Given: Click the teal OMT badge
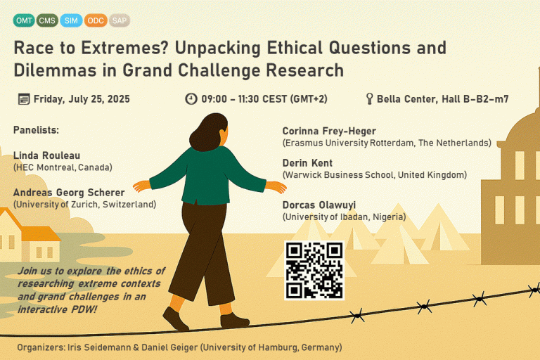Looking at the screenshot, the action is point(24,20).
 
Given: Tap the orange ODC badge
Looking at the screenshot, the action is point(96,20).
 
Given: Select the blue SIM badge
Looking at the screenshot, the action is point(71,20).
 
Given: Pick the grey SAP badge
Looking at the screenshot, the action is point(120,20).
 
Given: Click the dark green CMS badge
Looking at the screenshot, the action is point(47,20).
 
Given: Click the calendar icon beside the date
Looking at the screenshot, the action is point(24,99).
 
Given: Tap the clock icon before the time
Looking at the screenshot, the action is point(191,99).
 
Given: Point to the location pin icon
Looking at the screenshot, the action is point(370,99).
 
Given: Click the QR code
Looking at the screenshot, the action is point(314,271).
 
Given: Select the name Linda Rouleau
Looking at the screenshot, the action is point(47,155).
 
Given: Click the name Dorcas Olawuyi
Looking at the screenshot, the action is point(319,205).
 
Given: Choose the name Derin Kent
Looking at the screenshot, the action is point(307,163).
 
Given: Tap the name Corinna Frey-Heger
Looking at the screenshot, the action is point(329,131).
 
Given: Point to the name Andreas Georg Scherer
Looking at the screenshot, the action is point(69,193).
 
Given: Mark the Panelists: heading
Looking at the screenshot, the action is point(36,130).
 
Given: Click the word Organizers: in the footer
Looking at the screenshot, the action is point(41,347).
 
